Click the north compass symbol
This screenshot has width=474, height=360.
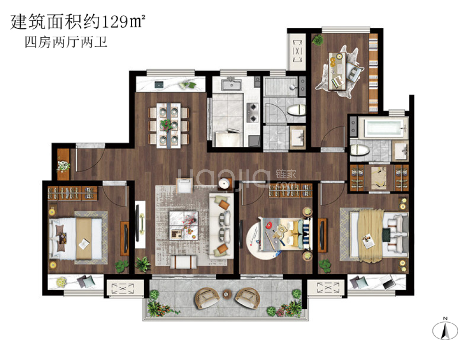[x=445, y=328]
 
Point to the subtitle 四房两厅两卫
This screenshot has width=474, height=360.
[x=66, y=43]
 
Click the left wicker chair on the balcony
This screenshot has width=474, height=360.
[x=206, y=297]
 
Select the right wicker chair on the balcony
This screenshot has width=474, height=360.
[x=247, y=297]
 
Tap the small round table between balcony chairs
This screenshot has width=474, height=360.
[x=226, y=295]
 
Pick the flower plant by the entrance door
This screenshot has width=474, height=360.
[x=63, y=166]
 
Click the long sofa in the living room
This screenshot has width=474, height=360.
[x=221, y=224]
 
